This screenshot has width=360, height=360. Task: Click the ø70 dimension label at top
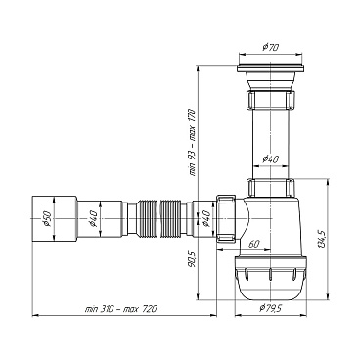(270, 47)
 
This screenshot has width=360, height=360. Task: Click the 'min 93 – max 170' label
(192, 143)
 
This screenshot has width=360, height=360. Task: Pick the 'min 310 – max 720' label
(120, 309)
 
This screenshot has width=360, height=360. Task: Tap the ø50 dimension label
(46, 218)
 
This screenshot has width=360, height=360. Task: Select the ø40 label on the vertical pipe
(270, 159)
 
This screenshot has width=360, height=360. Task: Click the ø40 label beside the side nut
(205, 218)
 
